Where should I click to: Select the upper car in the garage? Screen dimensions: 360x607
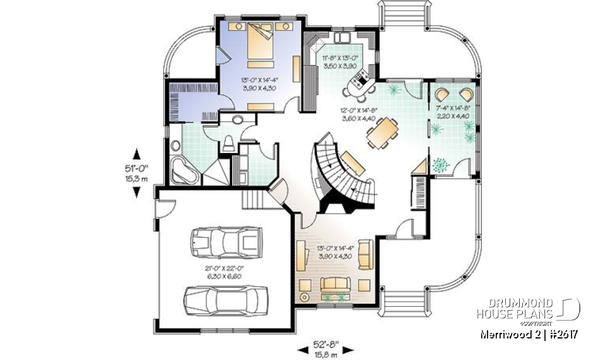click(x=225, y=241)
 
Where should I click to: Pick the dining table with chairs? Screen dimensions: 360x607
click(x=384, y=133)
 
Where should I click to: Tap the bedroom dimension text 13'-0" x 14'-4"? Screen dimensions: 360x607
click(x=259, y=84)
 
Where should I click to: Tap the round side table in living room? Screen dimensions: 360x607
click(x=305, y=297)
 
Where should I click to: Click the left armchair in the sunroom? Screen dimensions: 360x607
click(x=443, y=94)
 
